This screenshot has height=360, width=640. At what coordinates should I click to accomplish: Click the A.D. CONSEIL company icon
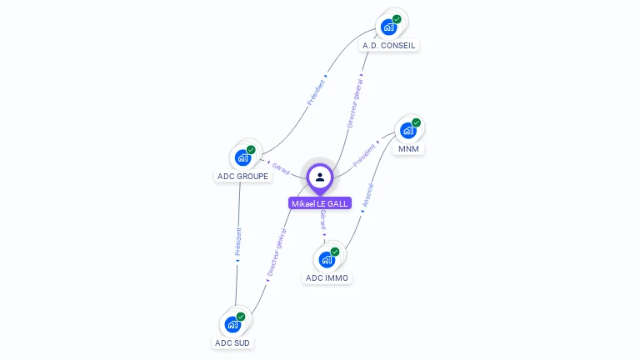[x=389, y=27]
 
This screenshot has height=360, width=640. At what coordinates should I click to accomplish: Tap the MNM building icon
[x=408, y=130]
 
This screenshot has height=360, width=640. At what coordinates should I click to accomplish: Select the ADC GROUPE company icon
[x=242, y=157]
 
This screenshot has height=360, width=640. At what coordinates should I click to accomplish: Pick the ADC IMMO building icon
[x=327, y=258]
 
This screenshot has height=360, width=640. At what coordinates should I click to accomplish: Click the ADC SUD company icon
[x=232, y=323]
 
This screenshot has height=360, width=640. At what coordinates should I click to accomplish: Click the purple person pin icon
[x=320, y=177]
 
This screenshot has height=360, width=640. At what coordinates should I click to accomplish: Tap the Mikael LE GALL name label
[x=320, y=203]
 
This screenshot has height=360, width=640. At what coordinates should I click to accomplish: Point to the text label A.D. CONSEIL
[x=389, y=45]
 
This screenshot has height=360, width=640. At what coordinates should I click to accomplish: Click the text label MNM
[x=408, y=149]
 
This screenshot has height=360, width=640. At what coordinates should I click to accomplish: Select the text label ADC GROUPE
[x=242, y=176]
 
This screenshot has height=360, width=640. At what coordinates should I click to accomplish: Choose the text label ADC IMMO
[x=327, y=277]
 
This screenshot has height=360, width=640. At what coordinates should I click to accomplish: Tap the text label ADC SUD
[x=232, y=342]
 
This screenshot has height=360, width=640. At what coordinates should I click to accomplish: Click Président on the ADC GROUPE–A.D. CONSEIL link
[x=317, y=91]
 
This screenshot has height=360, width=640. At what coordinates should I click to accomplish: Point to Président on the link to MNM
[x=365, y=155]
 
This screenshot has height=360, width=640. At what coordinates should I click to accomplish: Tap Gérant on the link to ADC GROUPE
[x=281, y=169]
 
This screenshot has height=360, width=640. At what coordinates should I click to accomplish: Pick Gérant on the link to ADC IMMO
[x=323, y=220]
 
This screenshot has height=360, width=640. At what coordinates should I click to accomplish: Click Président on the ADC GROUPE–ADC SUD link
[x=238, y=242]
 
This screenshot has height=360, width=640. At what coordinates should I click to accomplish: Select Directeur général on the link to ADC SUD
[x=277, y=252]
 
